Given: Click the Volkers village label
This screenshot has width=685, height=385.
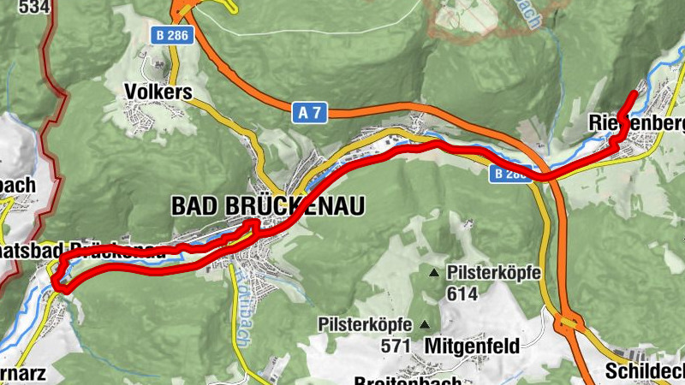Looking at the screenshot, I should tap(157, 92).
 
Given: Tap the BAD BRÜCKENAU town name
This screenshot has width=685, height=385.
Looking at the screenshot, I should tap(268, 206).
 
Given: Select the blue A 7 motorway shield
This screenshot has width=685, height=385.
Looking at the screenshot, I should tap(310, 112).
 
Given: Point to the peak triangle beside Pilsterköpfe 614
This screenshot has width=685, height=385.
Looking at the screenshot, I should tap(434, 273).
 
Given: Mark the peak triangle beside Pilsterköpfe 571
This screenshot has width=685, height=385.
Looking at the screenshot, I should tap(425, 324).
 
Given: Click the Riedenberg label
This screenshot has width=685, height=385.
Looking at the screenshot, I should tap(638, 125).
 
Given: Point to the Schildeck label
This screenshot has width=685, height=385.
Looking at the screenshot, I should tap(644, 371).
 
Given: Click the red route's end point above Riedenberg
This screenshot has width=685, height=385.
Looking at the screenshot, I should tap(634, 92).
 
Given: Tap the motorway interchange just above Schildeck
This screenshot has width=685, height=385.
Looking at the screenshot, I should tap(569, 324).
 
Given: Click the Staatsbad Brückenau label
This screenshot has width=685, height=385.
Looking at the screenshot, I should tap(94, 251).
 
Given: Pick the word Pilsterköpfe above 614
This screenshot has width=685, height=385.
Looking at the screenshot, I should tap(492, 273).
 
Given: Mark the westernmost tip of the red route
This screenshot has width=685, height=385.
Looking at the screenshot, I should tap(54, 280).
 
